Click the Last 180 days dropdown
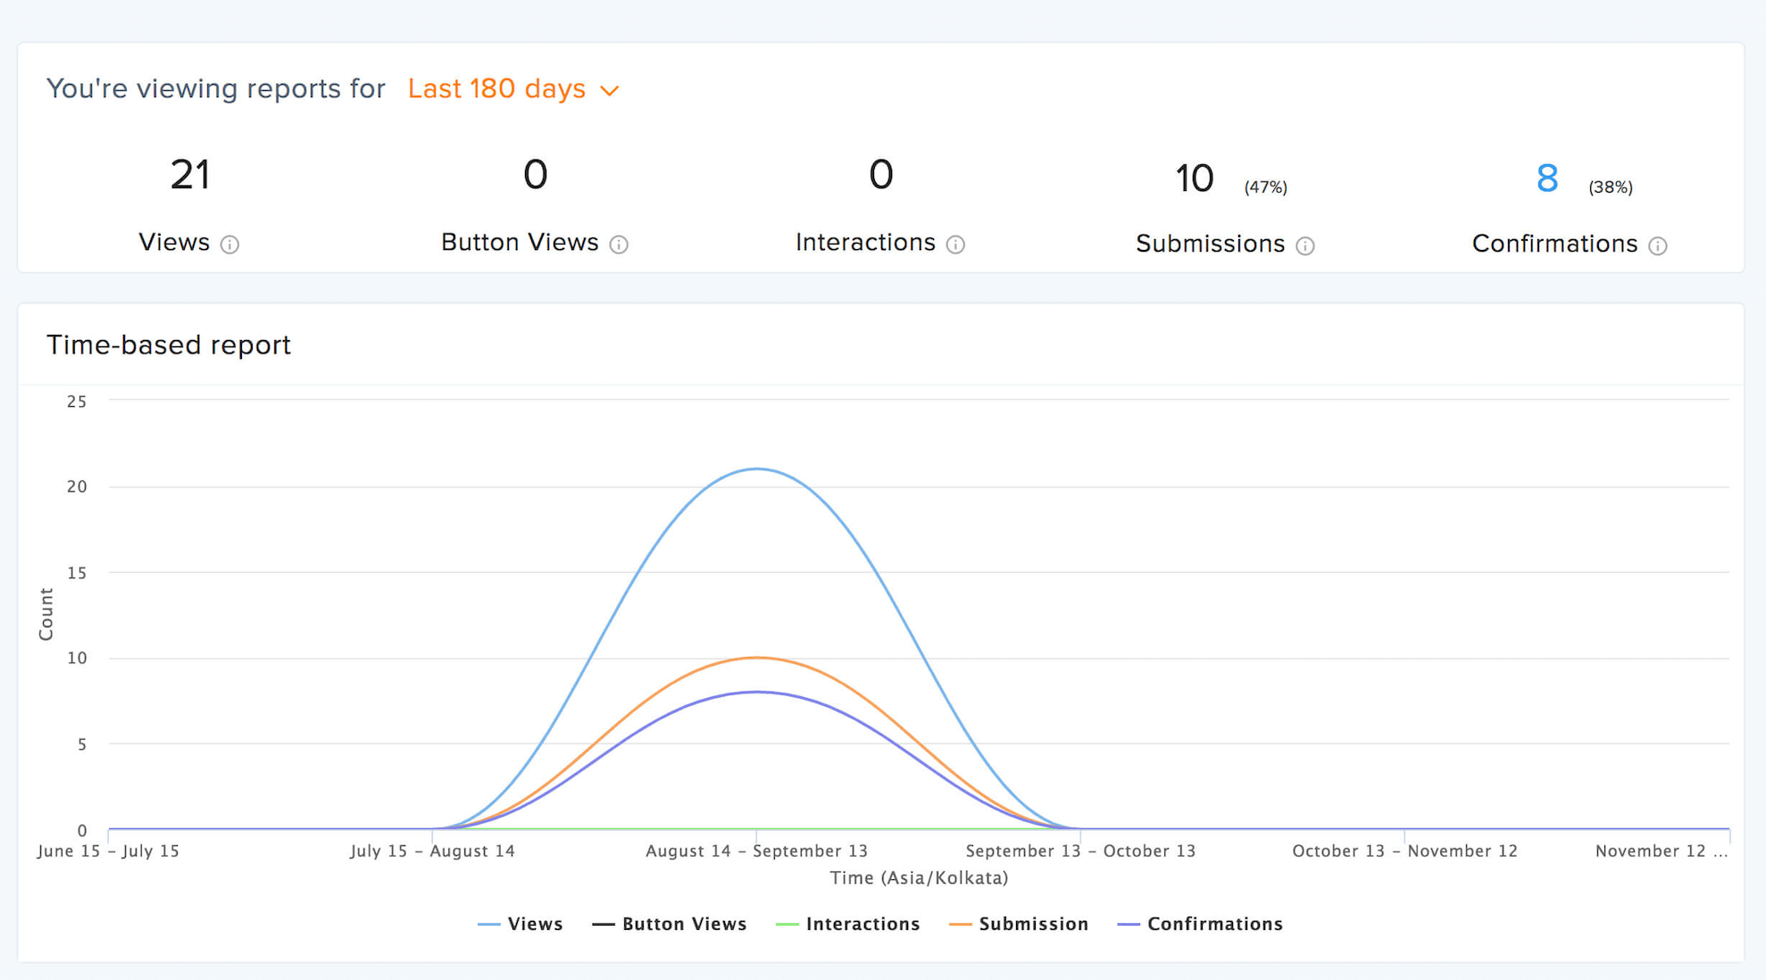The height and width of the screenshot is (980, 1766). pos(512,89)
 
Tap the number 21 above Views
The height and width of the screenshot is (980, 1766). pos(189,175)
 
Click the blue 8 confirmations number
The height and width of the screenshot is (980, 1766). pos(1547,178)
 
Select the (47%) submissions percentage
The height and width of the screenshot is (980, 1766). pos(1265,187)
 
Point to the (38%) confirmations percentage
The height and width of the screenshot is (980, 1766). pos(1610,187)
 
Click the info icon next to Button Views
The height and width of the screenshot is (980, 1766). pos(619,245)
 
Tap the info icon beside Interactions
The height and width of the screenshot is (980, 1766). pos(955,245)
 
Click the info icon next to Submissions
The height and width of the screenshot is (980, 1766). pos(1304,246)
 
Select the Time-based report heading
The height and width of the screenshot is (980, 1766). pos(169,345)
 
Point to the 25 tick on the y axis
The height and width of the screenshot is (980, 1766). pos(77,402)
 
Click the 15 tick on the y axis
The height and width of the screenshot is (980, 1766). pos(77,573)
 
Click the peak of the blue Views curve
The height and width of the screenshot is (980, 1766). pos(756,469)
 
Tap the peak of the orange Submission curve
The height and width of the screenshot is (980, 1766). pos(756,658)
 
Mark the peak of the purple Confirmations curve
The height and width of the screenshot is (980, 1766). pos(756,692)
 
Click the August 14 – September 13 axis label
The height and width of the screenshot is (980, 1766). pos(756,851)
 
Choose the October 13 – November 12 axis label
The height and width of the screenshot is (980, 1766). pos(1404,851)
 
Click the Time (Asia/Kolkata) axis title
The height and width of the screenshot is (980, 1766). pos(919,878)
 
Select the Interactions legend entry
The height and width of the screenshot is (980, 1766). pos(848,924)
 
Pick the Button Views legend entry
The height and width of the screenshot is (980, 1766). pos(670,924)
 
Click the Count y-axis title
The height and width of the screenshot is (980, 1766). pos(46,614)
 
